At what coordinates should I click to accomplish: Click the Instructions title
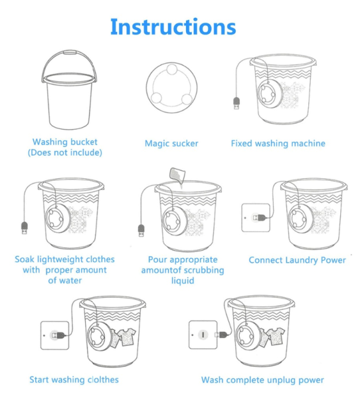(x=173, y=27)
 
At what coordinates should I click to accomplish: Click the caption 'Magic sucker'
(x=171, y=143)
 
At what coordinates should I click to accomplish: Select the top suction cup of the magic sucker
(x=172, y=70)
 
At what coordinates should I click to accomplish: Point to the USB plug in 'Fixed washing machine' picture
(x=236, y=103)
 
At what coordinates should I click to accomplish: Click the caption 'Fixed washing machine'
(x=278, y=143)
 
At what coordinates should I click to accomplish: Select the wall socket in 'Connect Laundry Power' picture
(x=256, y=217)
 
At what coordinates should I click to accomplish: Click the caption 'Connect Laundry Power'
(x=297, y=260)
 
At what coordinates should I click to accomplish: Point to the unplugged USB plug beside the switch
(x=222, y=334)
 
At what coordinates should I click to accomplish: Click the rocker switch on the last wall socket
(x=203, y=335)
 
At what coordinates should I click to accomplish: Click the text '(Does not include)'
(x=65, y=152)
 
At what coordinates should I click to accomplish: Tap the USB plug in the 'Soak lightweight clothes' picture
(x=24, y=228)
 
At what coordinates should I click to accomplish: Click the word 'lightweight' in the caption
(x=60, y=259)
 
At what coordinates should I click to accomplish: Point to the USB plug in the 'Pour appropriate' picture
(x=141, y=231)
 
